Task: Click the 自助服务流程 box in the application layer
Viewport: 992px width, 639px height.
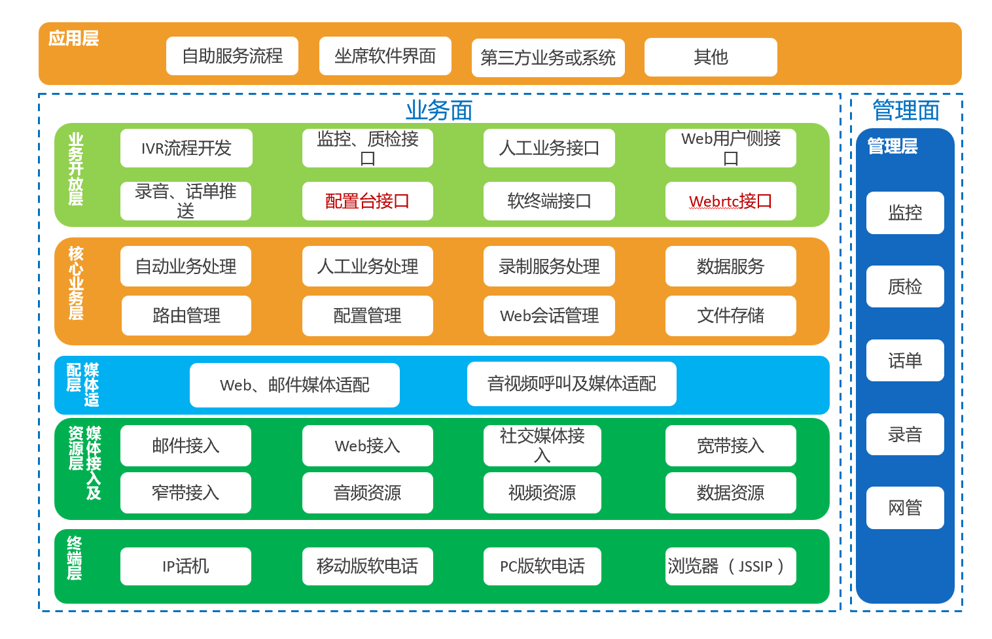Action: tap(232, 56)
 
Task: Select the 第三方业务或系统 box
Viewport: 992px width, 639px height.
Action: tap(548, 58)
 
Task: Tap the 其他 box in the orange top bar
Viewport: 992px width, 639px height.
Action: tap(711, 58)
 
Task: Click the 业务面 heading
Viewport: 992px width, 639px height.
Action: tap(439, 111)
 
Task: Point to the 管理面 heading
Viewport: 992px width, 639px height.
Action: tap(906, 111)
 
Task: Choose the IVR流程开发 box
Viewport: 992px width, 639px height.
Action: tap(186, 148)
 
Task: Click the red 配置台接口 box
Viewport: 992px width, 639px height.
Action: tap(367, 201)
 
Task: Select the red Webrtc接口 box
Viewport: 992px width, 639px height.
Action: tap(730, 201)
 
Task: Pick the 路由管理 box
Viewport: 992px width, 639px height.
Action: tap(186, 316)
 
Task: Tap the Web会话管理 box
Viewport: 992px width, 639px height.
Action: tap(549, 316)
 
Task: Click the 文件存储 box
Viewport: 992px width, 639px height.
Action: tap(730, 316)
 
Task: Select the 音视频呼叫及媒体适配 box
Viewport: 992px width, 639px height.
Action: tap(571, 384)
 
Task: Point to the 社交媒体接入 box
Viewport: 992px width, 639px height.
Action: tap(542, 445)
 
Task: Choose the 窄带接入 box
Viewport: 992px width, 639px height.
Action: tap(186, 492)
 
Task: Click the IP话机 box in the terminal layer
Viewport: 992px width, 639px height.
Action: tap(186, 566)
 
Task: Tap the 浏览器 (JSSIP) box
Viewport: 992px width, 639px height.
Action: tap(730, 566)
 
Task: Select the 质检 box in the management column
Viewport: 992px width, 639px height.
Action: tap(905, 286)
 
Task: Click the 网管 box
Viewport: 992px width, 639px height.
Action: tap(905, 508)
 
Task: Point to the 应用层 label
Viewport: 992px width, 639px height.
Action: tap(73, 39)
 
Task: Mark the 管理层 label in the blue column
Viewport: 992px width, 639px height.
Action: tap(893, 146)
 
